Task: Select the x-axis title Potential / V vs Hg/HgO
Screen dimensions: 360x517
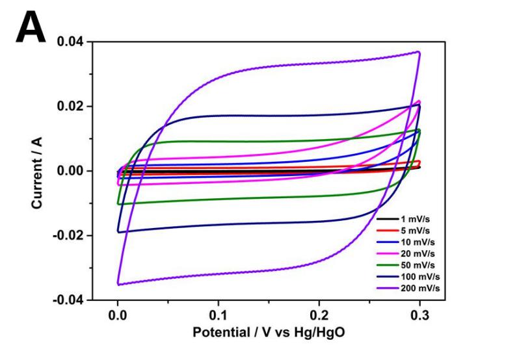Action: point(268,332)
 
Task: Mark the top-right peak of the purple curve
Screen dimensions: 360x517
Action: point(419,52)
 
